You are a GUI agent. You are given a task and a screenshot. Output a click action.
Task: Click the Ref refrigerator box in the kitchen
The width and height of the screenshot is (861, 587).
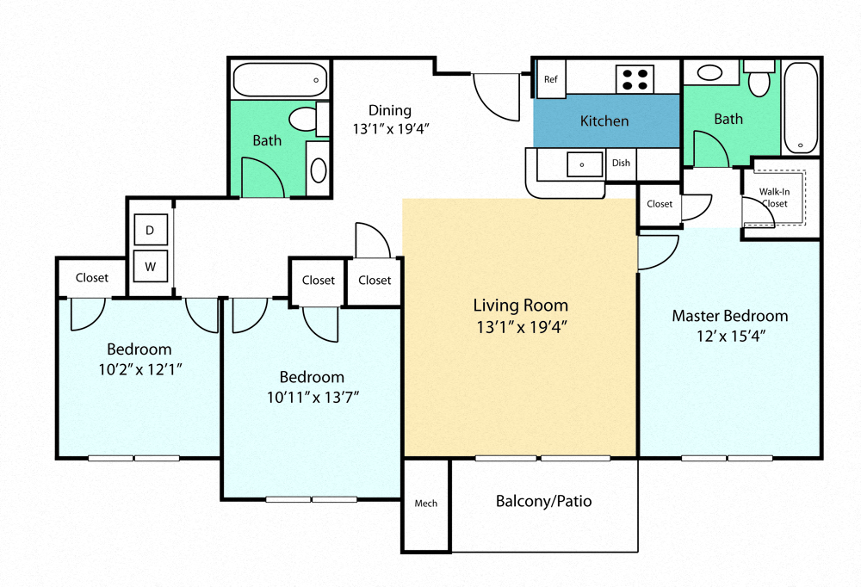pos(551,79)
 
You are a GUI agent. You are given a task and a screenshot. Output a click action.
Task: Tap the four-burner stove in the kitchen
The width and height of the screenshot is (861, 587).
pos(635,79)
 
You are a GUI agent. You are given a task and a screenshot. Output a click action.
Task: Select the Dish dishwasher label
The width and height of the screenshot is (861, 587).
pos(620,163)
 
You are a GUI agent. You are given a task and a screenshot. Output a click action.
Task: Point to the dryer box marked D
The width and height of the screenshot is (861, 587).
pos(150,231)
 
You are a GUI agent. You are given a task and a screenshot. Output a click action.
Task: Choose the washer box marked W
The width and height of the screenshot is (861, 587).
pos(150,267)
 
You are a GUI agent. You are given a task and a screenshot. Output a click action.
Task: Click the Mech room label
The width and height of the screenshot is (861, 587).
pos(425,504)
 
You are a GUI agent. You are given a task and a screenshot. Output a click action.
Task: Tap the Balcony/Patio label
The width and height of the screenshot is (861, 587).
pos(543,501)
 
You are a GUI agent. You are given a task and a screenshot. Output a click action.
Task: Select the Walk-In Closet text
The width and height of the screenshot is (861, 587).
pos(774,197)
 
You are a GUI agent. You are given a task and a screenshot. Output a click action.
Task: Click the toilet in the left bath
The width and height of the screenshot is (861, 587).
pos(303,118)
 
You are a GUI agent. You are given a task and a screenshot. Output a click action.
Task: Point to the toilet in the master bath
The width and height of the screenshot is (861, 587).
pos(759,81)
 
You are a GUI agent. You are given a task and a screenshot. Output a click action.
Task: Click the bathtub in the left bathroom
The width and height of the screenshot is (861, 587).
pos(280,80)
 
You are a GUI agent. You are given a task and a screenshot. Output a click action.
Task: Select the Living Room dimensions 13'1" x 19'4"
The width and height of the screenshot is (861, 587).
pos(520,326)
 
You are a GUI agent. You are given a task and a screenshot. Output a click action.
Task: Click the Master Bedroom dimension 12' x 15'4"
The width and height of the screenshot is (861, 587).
pos(729,336)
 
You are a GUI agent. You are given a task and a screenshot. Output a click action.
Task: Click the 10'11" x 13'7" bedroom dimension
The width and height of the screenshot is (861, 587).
pos(312,397)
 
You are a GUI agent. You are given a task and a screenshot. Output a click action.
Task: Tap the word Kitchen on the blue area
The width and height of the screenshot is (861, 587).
pos(604,121)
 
